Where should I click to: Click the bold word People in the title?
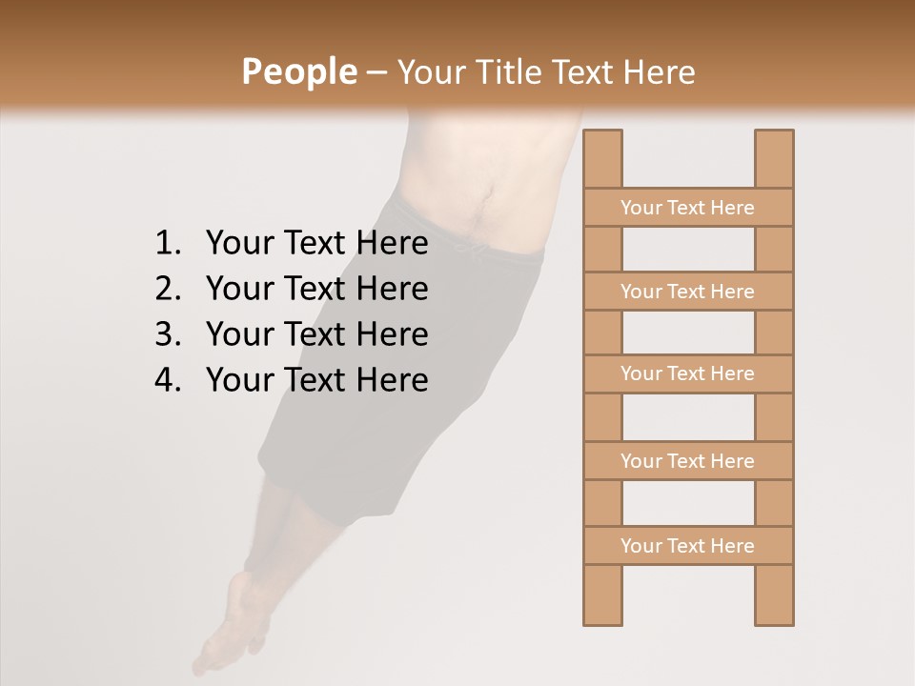point(298,71)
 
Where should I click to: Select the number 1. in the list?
point(168,244)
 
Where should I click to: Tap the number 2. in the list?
point(168,289)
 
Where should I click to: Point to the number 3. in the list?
point(168,334)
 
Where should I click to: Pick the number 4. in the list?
point(168,380)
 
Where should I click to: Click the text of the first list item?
point(316,244)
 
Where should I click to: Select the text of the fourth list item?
point(316,380)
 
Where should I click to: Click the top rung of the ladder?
point(687,208)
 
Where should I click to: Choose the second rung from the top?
point(687,292)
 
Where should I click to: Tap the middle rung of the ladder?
point(687,373)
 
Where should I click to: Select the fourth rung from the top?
point(687,461)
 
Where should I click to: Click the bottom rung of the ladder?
point(687,546)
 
